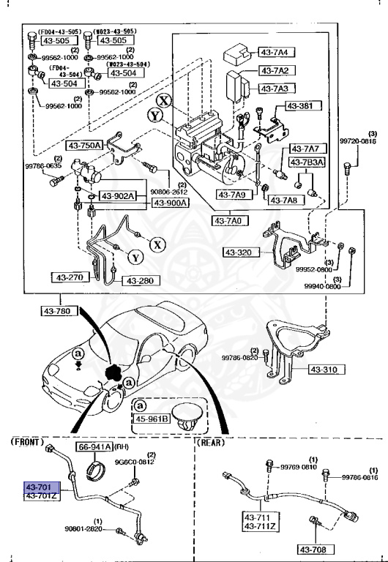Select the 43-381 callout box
(300, 106)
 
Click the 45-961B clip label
(150, 419)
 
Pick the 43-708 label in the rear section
(316, 549)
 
